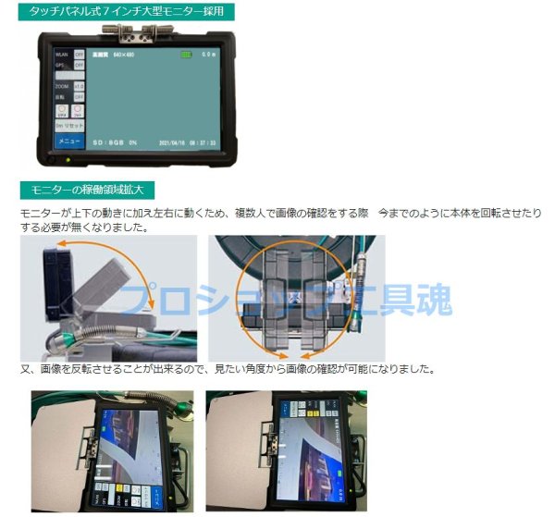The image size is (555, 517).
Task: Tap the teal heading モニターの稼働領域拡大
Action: click(x=86, y=190)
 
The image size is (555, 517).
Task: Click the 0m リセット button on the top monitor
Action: click(x=69, y=124)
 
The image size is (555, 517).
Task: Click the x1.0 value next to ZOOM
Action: click(x=80, y=85)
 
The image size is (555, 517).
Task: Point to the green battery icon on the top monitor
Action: click(x=186, y=55)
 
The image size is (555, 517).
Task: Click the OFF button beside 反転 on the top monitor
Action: click(x=80, y=96)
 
